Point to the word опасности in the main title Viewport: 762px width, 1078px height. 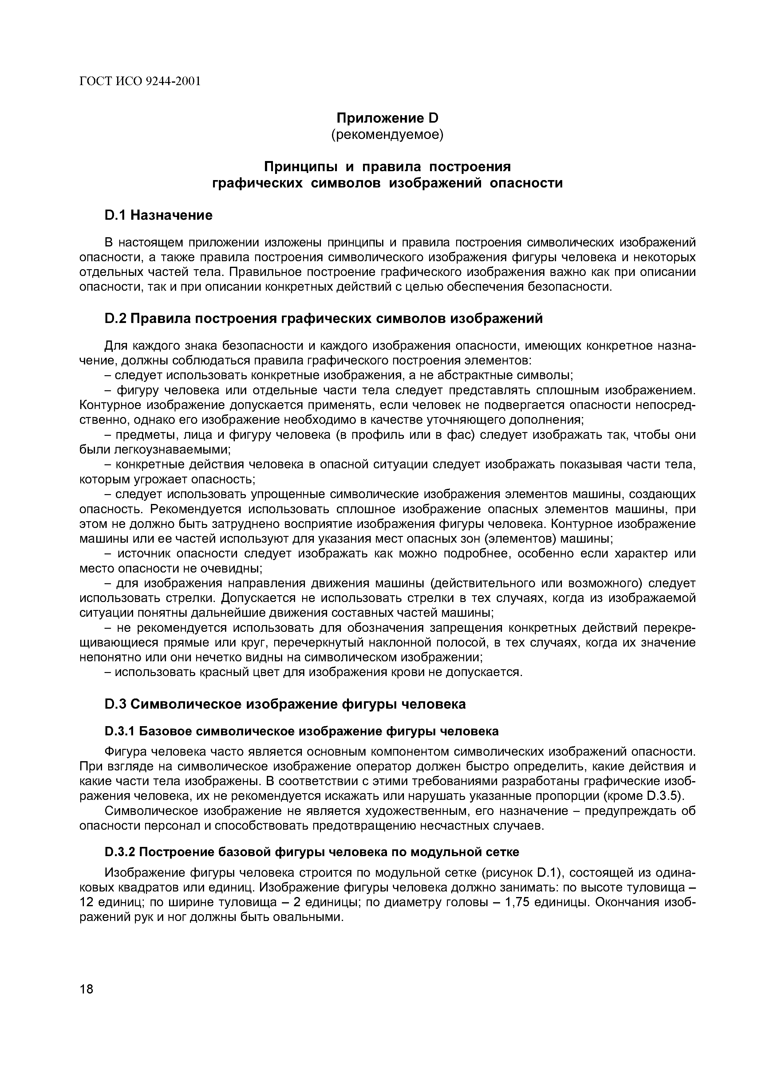click(x=526, y=183)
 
